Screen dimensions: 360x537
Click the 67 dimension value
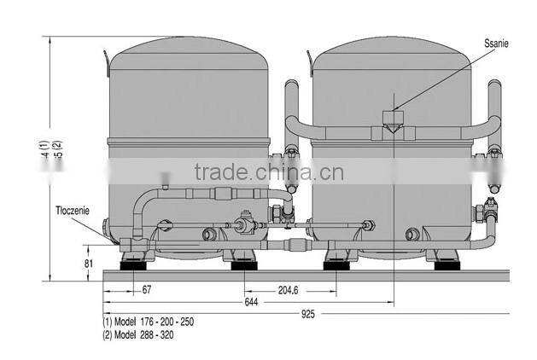(x=148, y=289)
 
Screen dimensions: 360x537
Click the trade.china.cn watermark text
(x=268, y=173)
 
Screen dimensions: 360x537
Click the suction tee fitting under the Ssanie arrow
(x=394, y=121)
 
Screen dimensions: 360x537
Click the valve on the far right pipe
(x=491, y=210)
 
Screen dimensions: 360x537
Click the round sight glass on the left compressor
(x=208, y=234)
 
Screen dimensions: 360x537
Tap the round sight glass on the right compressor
(x=412, y=234)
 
